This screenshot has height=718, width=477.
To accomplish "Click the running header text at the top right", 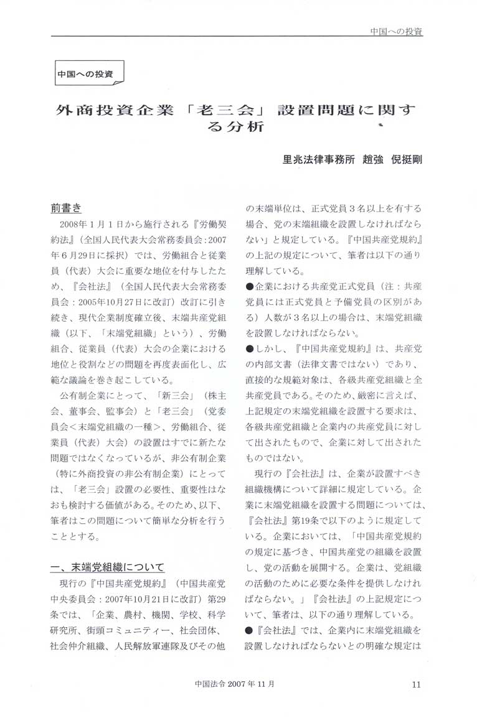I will pyautogui.click(x=395, y=30).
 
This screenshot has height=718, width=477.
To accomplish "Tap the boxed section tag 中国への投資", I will pyautogui.click(x=86, y=73).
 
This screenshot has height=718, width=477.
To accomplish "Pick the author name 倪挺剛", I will pyautogui.click(x=407, y=159).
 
